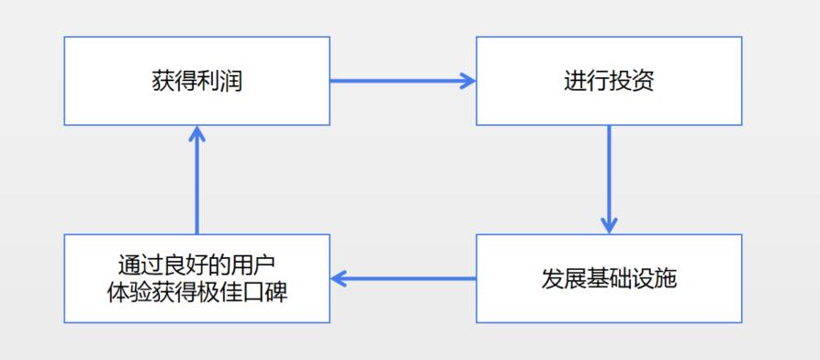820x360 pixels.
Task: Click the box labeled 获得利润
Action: pyautogui.click(x=197, y=81)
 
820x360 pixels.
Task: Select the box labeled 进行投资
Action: pyautogui.click(x=609, y=81)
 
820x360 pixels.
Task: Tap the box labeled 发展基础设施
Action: pyautogui.click(x=609, y=278)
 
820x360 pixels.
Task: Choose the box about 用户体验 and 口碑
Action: pyautogui.click(x=197, y=278)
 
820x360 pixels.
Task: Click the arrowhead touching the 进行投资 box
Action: pyautogui.click(x=467, y=81)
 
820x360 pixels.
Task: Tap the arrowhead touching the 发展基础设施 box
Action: pyautogui.click(x=609, y=226)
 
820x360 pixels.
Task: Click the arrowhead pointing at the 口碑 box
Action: pyautogui.click(x=339, y=278)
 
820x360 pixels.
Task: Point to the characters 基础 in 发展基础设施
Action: pyautogui.click(x=609, y=278)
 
